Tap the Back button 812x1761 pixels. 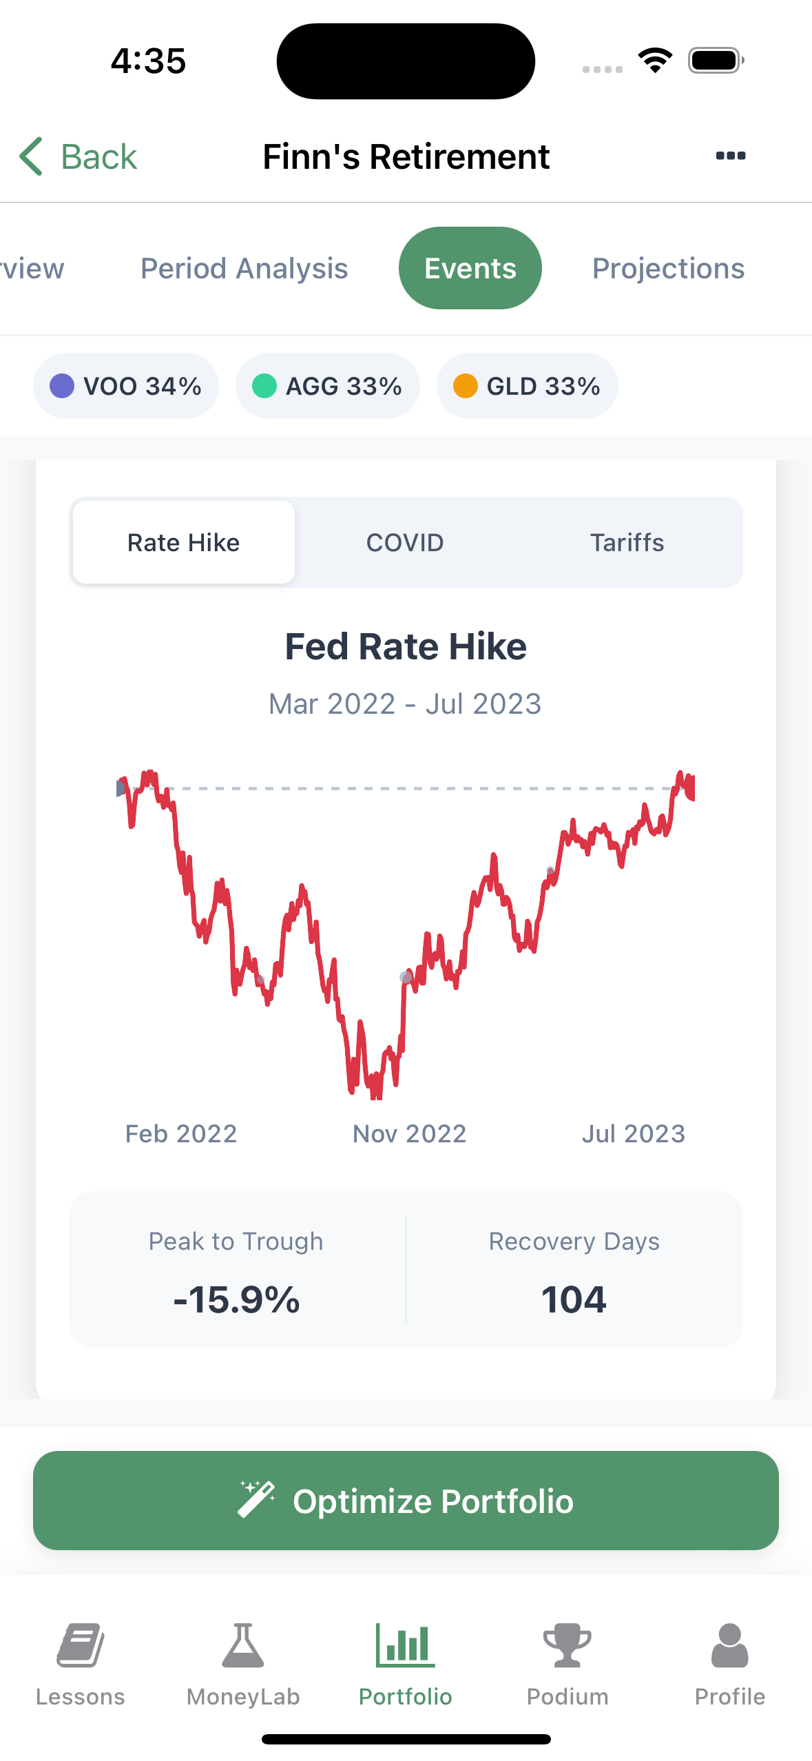point(79,156)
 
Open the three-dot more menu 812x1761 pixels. point(730,156)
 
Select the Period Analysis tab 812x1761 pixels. point(244,268)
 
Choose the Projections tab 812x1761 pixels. point(668,268)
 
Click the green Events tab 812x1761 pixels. point(470,268)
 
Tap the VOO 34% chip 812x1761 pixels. point(126,386)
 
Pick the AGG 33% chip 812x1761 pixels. point(327,386)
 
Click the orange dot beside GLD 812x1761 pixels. point(466,386)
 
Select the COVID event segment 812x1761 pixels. point(405,543)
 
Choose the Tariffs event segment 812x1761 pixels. point(627,543)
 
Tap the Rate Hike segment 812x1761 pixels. point(183,543)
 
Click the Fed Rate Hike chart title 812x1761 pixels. point(406,647)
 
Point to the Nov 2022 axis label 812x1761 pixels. point(409,1133)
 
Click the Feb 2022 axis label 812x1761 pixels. point(181,1133)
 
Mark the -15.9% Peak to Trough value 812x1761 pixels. point(236,1300)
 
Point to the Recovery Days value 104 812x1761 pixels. point(574,1300)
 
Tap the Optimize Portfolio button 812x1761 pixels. point(406,1501)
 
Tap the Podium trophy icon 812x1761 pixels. point(568,1645)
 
